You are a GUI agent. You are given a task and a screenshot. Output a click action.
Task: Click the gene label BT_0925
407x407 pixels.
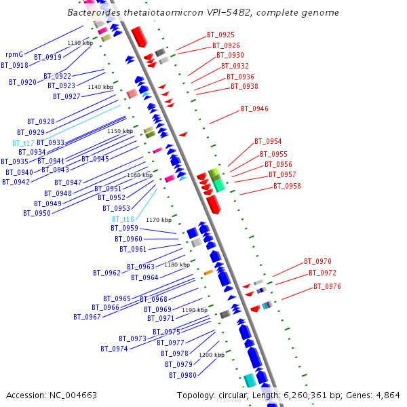pos(220,35)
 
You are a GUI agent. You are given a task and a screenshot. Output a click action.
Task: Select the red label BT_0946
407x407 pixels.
pos(254,109)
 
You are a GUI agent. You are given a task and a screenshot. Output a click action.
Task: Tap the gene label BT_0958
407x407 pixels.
pos(287,186)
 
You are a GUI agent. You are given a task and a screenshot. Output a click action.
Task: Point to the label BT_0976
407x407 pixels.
pos(327,286)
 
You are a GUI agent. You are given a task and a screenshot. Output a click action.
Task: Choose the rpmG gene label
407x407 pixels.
pos(14,54)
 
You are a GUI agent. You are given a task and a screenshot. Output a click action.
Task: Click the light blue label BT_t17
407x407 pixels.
pos(23,143)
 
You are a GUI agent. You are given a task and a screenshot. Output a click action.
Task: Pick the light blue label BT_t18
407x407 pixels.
pos(123,219)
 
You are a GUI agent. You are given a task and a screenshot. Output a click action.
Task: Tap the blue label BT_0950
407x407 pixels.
pos(37,213)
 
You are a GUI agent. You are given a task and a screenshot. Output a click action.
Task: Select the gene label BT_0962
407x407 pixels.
pos(106,273)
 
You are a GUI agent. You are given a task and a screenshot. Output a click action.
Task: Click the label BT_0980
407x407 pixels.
pos(182,375)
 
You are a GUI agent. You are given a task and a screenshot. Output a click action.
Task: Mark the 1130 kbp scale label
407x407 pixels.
pos(79,43)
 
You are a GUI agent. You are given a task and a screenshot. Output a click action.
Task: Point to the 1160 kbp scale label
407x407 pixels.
pos(139,175)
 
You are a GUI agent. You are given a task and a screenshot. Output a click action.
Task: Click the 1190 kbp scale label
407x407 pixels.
pos(194,310)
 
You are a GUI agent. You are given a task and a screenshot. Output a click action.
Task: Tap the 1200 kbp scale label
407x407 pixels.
pos(211,355)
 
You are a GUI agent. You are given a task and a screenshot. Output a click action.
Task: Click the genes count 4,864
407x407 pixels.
pos(387,395)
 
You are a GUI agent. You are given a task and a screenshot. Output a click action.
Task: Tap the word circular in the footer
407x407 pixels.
pos(233,395)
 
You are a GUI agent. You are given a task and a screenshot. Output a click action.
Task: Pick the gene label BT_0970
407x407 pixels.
pos(317,261)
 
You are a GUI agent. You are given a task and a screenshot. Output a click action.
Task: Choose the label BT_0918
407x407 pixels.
pos(14,65)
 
